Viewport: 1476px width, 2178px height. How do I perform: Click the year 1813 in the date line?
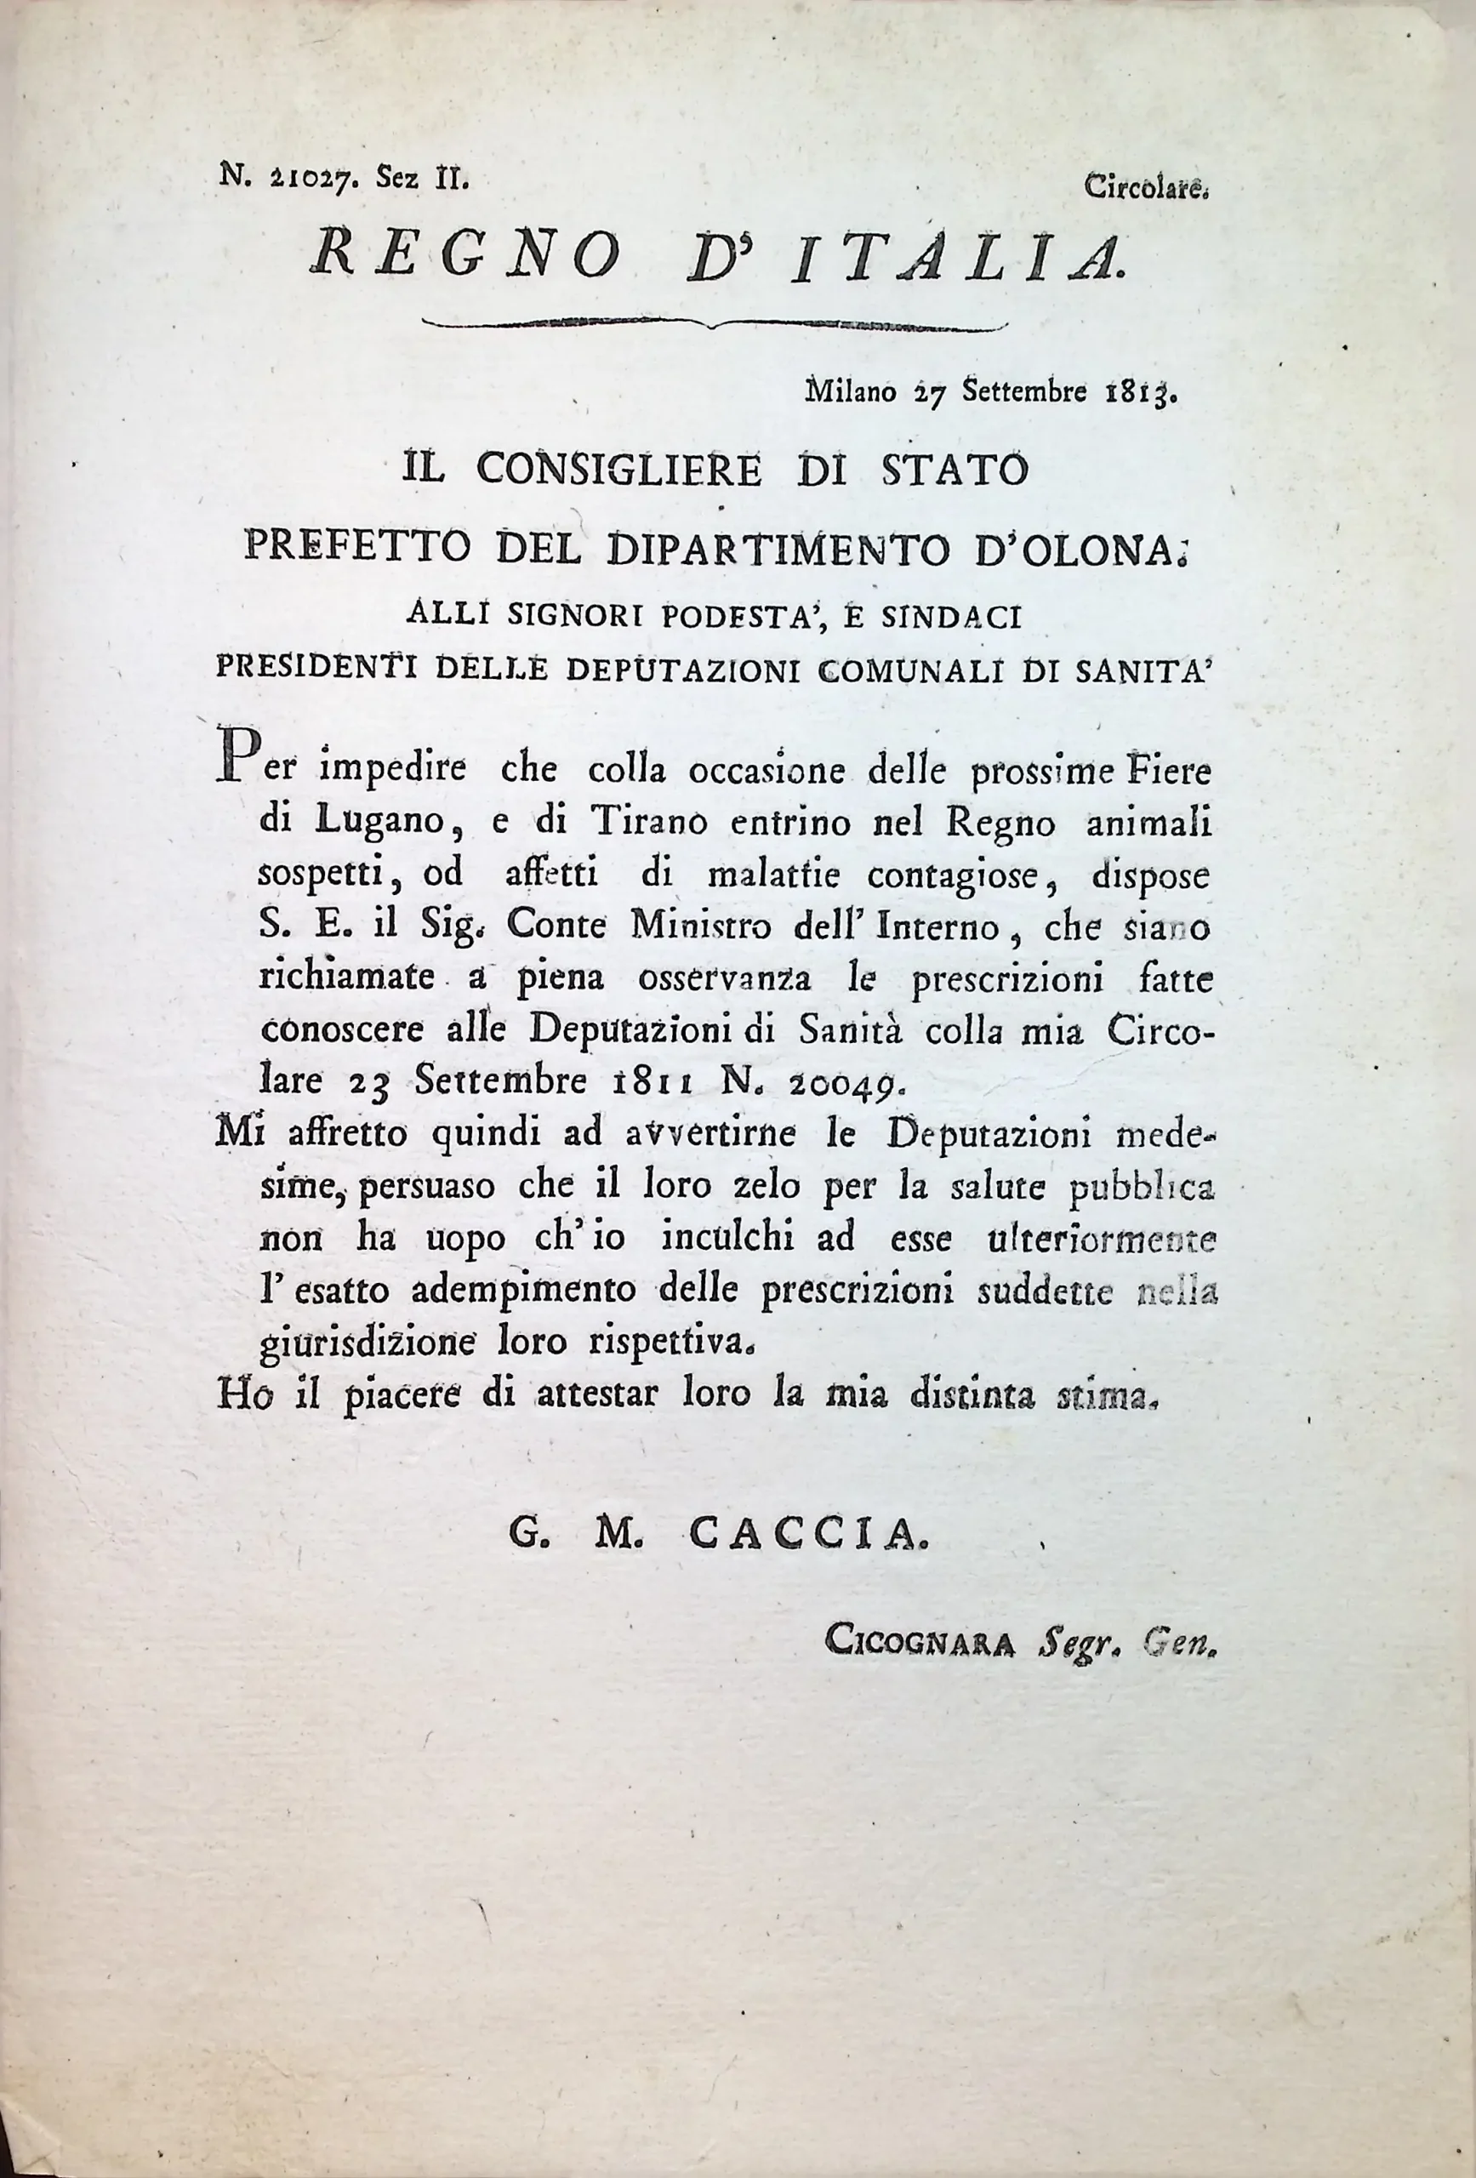[1138, 391]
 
